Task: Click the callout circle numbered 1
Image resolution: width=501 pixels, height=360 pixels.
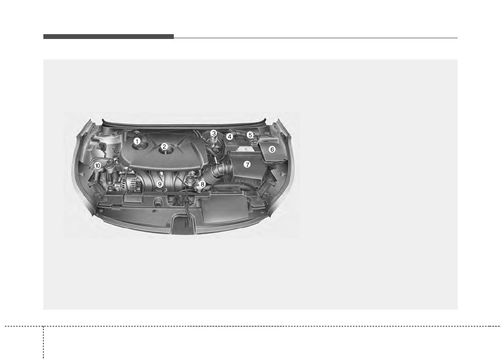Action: point(137,141)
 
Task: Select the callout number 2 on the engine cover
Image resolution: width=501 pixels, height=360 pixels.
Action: point(164,147)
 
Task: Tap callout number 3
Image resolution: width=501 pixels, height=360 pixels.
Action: point(214,133)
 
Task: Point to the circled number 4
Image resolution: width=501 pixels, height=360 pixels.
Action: point(229,137)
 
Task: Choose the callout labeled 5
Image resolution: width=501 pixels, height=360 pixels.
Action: point(250,135)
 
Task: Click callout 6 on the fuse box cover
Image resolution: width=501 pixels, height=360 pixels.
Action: point(272,149)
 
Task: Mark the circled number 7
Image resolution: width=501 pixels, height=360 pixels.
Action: point(247,165)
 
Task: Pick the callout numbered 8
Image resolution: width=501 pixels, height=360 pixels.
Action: point(202,184)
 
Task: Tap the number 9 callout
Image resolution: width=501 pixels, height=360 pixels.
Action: point(159,184)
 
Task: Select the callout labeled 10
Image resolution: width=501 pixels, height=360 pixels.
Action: point(98,166)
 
